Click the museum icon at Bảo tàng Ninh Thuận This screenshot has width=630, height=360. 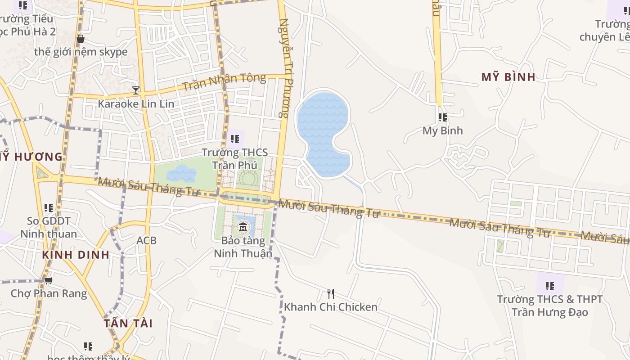pos(243,226)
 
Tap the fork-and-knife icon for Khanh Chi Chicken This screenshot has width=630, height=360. pos(331,294)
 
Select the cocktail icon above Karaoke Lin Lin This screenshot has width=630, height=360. pos(136,90)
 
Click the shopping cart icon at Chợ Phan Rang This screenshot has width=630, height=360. pos(48,280)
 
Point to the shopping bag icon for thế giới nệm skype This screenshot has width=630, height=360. pos(81,39)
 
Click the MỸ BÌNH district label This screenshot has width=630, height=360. pos(508,77)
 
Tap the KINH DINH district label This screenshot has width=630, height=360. pos(76,255)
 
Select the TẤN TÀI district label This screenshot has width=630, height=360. pos(128,323)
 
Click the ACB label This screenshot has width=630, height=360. pos(147,241)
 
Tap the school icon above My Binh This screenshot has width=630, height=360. pos(443,117)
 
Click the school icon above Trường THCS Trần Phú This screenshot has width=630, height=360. pos(234,139)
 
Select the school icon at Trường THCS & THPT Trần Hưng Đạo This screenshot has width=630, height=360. pos(549,286)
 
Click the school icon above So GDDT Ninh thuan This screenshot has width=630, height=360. pos(49,208)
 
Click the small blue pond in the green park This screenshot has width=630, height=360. pos(182,173)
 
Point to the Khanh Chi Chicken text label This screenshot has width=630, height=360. pos(331,307)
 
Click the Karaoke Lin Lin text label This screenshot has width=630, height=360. pos(136,103)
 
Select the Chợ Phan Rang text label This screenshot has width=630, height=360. pos(49,293)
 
